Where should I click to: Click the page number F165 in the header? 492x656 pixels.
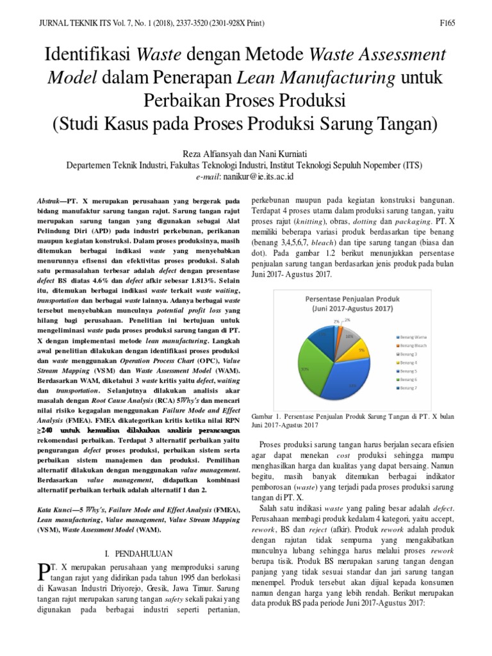tap(447, 24)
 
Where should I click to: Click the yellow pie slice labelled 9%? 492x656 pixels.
tap(360, 351)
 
